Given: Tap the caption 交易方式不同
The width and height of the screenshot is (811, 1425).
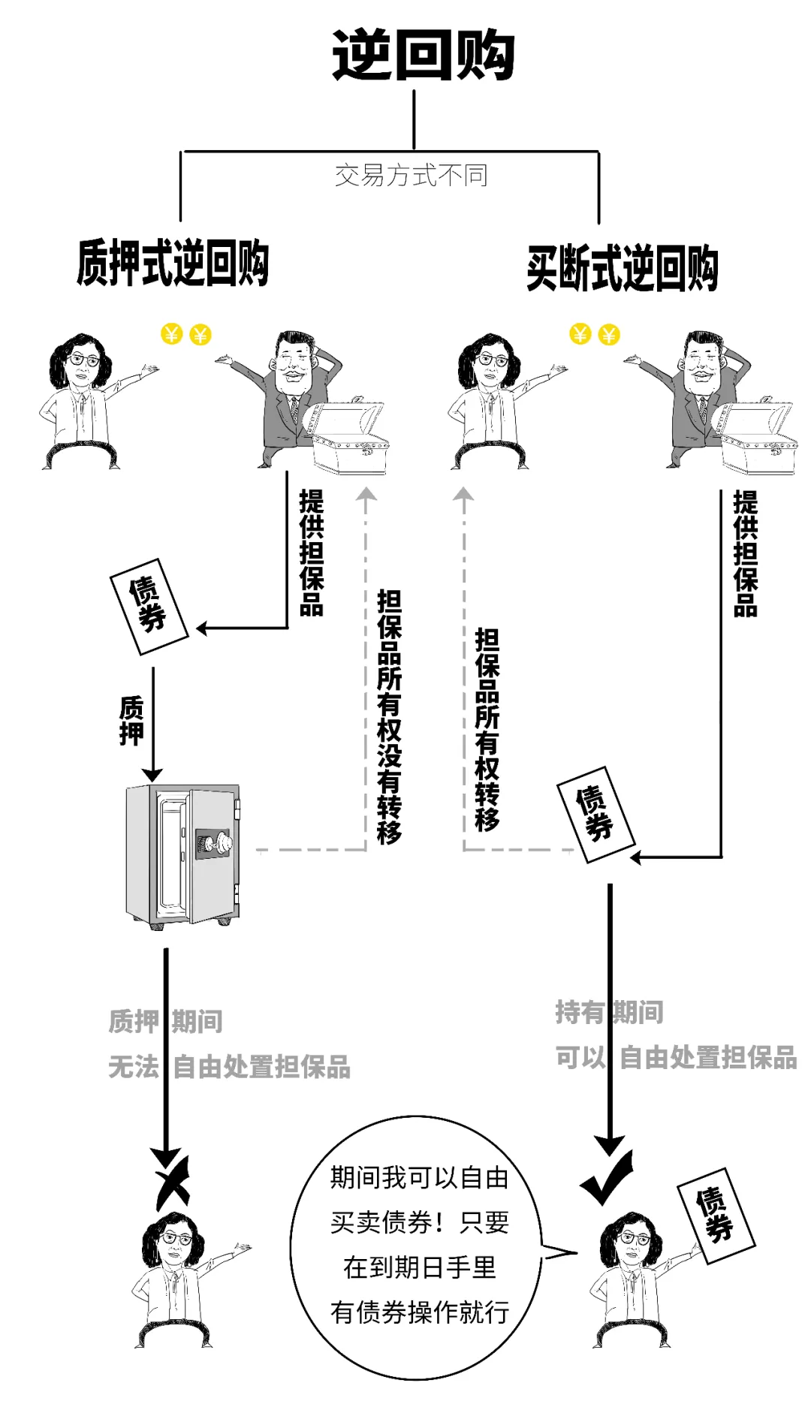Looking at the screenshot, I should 411,175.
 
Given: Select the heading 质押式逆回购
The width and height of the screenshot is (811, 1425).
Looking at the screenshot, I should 173,263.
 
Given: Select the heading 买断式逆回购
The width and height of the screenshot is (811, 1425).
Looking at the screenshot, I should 623,268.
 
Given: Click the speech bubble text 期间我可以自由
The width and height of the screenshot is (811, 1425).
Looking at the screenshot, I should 419,1177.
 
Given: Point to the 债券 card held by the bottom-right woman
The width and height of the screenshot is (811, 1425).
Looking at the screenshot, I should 715,1214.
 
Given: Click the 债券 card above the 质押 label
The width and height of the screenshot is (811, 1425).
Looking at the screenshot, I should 149,606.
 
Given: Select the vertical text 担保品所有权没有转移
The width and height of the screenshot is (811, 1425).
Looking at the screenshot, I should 389,716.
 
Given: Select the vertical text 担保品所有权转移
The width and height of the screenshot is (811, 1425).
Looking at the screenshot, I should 487,729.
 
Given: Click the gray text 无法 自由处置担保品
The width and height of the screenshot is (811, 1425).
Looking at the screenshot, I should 229,1066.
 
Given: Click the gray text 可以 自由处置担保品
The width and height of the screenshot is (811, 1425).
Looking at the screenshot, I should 676,1057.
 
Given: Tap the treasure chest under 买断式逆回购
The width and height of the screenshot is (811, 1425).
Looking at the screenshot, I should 758,438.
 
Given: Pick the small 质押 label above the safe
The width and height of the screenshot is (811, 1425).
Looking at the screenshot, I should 131,720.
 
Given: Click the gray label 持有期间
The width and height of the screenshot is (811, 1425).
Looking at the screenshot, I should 609,1012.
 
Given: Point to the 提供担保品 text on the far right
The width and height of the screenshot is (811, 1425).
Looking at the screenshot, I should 745,553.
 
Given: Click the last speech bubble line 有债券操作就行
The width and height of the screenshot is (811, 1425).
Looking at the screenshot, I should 419,1312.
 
